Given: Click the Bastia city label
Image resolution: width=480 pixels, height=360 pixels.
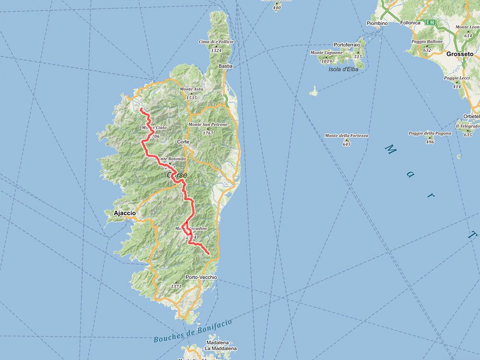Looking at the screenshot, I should (225, 66).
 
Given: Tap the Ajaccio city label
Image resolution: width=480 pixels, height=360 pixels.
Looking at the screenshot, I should (124, 213).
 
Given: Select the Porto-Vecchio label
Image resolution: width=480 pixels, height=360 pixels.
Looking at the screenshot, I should (201, 277).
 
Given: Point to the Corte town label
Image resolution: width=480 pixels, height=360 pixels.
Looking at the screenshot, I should (183, 142).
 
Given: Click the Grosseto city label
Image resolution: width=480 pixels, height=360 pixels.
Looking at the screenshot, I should (459, 54).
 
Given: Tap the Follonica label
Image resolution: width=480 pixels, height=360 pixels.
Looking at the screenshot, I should (410, 23).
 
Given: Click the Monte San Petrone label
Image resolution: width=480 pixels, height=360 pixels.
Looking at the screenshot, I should (207, 125).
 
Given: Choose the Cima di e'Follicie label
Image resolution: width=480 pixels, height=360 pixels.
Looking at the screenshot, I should (216, 42).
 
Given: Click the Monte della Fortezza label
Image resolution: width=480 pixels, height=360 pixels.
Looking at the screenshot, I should (347, 136).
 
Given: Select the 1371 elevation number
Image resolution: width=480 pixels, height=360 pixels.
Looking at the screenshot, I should (176, 286).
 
